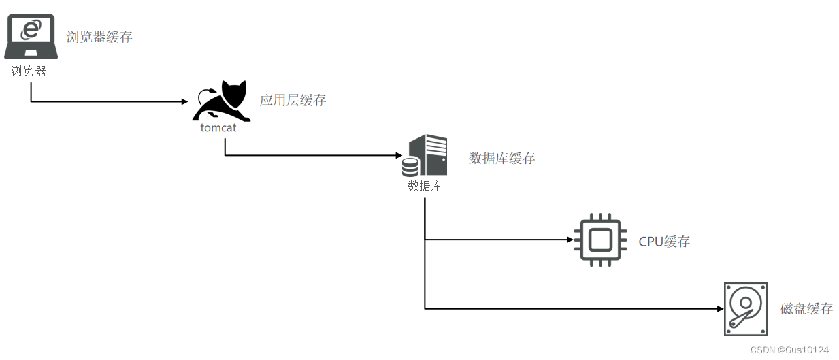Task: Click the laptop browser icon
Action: tap(30, 37)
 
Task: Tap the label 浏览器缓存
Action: tap(99, 37)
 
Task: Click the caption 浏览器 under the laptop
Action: tap(29, 71)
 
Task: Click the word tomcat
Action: tap(218, 127)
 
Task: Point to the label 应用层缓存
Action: tap(293, 101)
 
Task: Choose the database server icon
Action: tap(426, 156)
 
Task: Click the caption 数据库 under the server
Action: tap(425, 185)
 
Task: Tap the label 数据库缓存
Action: tap(502, 159)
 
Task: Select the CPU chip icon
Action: tap(600, 240)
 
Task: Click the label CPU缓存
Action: tap(664, 242)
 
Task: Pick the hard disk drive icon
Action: tap(746, 309)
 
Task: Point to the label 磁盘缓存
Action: tap(806, 309)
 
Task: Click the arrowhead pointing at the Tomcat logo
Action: tap(184, 102)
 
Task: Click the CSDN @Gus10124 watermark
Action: tap(789, 350)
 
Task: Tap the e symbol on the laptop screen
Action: tap(31, 29)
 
